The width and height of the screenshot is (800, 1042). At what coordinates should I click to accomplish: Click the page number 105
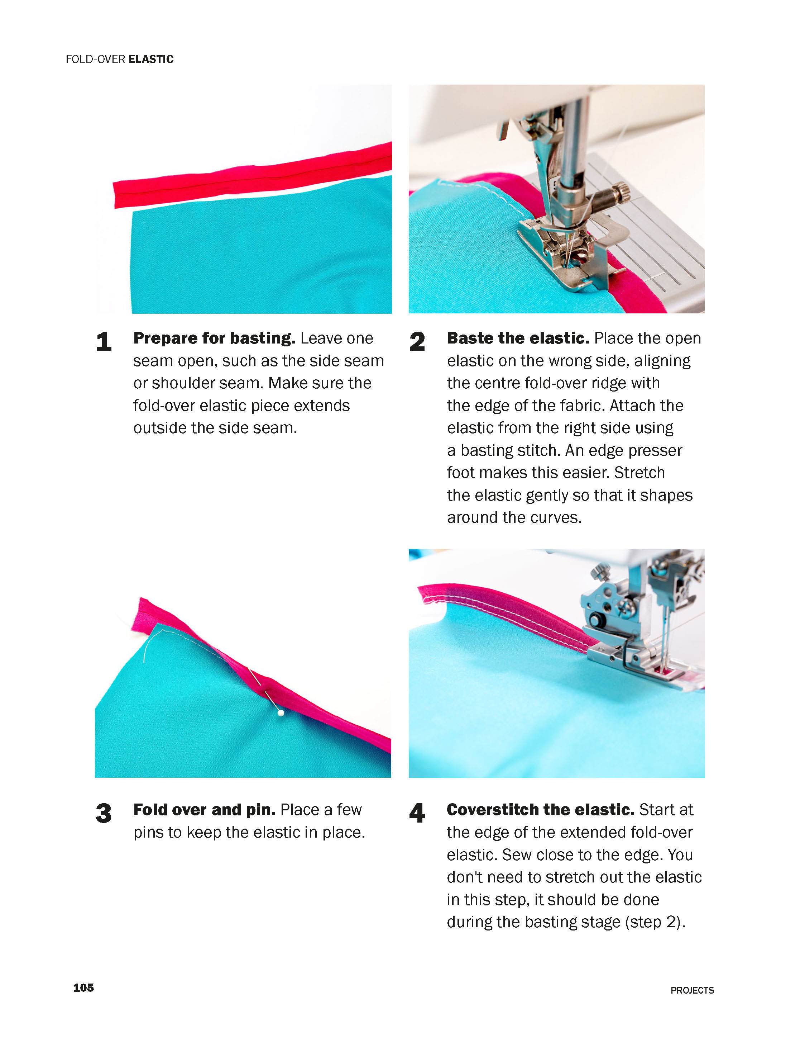[83, 987]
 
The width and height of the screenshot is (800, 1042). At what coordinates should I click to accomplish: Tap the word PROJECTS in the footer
[692, 990]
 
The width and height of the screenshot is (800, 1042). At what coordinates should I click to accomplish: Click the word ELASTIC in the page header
[152, 60]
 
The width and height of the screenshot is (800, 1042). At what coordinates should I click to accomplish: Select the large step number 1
[104, 342]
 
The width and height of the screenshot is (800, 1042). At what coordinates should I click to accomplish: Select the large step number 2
[417, 342]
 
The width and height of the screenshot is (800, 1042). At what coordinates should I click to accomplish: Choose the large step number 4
[417, 813]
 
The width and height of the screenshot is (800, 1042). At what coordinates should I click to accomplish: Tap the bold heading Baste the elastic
[518, 338]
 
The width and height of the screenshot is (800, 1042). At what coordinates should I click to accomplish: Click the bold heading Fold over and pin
[204, 809]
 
